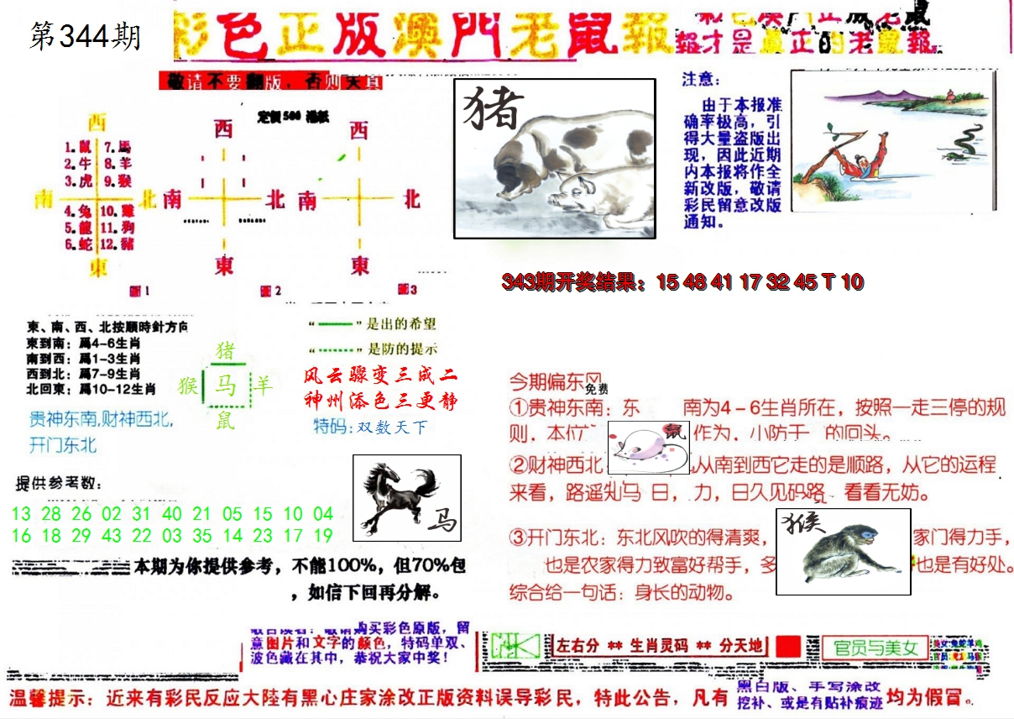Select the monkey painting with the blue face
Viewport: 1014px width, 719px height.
coord(842,550)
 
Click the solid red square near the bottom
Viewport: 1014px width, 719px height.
coord(788,647)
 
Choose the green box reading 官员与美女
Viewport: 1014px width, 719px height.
coord(875,648)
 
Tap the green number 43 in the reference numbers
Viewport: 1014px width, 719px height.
coord(111,535)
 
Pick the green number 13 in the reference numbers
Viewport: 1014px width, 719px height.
coord(22,513)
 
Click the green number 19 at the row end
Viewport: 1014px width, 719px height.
coord(323,535)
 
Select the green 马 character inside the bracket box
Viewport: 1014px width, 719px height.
coord(225,386)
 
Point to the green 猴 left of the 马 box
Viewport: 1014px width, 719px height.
coord(187,386)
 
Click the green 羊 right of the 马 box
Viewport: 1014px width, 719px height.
coord(264,386)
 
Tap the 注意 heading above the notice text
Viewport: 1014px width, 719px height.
coord(701,80)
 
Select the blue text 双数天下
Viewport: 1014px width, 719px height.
coord(391,428)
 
